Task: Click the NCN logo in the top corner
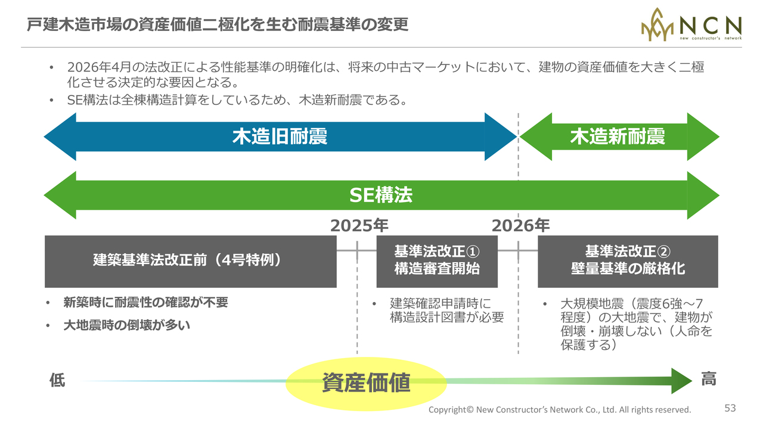tap(691, 24)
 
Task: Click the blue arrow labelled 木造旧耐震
tap(280, 136)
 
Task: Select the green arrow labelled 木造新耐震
tap(619, 136)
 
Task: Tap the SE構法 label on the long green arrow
tap(381, 195)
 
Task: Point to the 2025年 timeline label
tap(359, 225)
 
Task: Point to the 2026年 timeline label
tap(520, 225)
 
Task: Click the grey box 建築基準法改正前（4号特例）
tap(190, 262)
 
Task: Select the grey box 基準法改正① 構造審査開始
tap(437, 262)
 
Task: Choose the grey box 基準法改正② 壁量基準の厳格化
tap(628, 262)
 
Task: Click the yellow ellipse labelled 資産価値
tap(366, 384)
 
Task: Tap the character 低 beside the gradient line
tap(57, 380)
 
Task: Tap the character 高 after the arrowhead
tap(709, 378)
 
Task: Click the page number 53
tap(730, 408)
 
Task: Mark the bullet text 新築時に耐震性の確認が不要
tap(146, 302)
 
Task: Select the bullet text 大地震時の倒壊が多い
tap(127, 325)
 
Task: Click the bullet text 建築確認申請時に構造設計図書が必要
tap(446, 310)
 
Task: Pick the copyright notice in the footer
tap(560, 409)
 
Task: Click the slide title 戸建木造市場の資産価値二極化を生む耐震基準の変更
tap(218, 24)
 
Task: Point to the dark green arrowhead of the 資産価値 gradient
tap(681, 381)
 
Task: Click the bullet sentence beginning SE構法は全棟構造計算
tap(237, 100)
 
